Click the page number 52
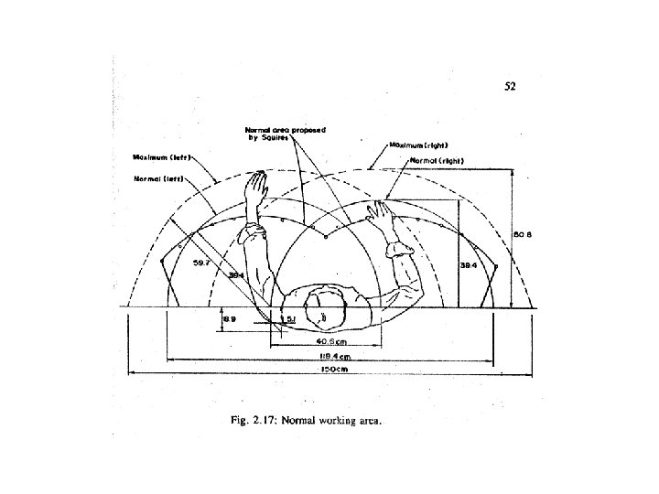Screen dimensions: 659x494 511,88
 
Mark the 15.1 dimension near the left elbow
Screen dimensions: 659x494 286,318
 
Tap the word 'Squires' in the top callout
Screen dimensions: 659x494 276,138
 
